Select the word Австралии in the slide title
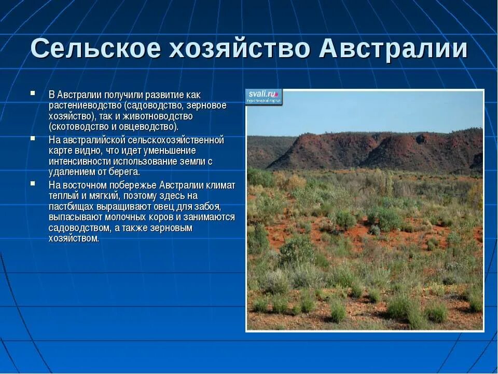click(x=393, y=49)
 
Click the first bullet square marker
click(x=33, y=94)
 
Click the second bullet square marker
click(x=33, y=139)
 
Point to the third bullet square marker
click(x=33, y=183)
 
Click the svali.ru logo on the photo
click(x=264, y=96)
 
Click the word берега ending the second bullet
click(x=125, y=172)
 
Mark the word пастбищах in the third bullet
click(x=70, y=206)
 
